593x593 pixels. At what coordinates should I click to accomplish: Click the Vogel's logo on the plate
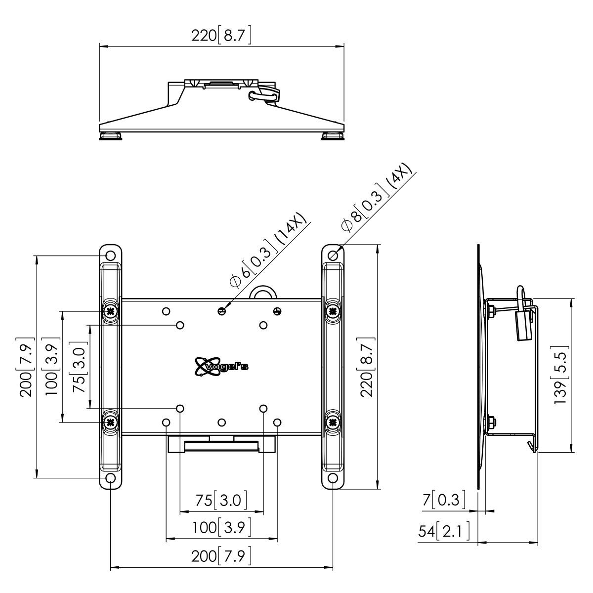click(222, 366)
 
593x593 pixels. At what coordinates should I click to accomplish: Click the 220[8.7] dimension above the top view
click(222, 36)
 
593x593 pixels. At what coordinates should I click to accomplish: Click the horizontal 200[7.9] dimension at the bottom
click(222, 557)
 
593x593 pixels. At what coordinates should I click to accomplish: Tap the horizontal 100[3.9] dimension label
click(222, 528)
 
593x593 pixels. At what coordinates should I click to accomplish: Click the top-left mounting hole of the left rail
click(111, 255)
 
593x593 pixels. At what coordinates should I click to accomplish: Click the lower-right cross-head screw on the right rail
click(333, 422)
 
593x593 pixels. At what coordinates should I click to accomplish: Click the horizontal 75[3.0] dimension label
click(222, 501)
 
